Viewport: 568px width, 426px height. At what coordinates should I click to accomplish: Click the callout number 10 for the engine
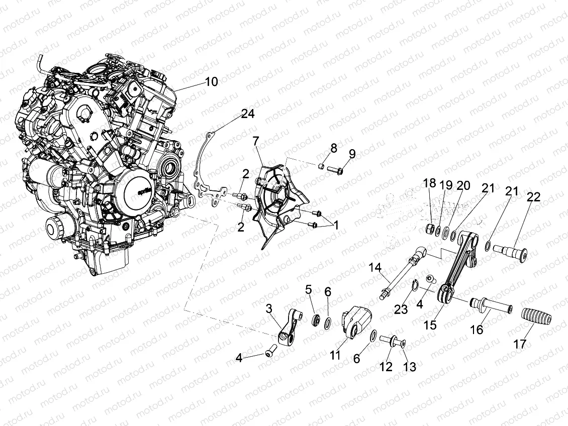click(212, 81)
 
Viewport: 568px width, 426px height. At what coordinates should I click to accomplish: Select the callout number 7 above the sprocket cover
click(256, 140)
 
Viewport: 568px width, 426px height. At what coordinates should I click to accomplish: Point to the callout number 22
click(533, 197)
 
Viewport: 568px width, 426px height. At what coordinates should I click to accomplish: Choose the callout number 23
click(401, 309)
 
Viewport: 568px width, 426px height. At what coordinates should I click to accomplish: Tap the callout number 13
click(410, 367)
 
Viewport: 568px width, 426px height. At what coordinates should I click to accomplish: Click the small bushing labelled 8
click(320, 165)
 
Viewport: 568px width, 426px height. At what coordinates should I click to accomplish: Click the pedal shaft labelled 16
click(490, 305)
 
